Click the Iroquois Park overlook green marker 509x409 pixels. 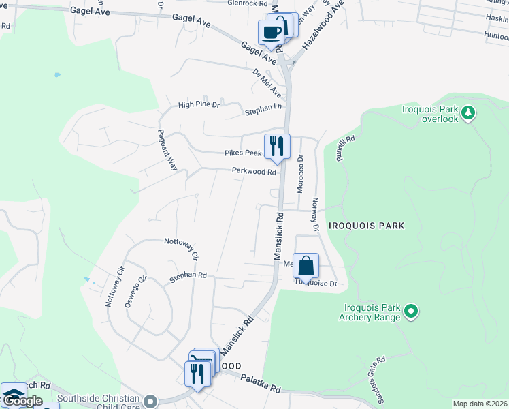click(467, 112)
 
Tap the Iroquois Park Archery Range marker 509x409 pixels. click(410, 312)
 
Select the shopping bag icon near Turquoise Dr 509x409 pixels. click(306, 266)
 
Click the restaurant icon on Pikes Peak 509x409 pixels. click(278, 147)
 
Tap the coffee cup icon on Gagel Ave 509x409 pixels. click(271, 33)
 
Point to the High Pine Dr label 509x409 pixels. click(199, 105)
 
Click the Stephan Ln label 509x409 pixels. click(263, 108)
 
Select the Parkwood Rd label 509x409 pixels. click(253, 172)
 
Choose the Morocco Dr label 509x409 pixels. click(299, 173)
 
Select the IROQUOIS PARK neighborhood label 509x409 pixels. click(366, 225)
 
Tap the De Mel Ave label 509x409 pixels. click(267, 82)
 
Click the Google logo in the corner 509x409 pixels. click(22, 402)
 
